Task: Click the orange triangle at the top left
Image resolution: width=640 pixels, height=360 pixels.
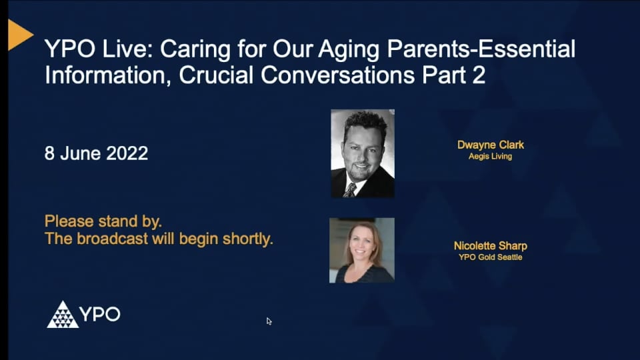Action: [x=19, y=35]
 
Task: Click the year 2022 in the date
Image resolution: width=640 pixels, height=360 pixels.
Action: [x=124, y=153]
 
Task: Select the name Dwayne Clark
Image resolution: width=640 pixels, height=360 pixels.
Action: [x=490, y=145]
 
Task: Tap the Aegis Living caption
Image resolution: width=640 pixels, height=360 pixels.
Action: [x=490, y=157]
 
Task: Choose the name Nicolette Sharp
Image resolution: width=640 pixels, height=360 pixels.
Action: [x=490, y=246]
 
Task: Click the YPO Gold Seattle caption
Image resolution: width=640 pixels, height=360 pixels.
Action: [x=490, y=257]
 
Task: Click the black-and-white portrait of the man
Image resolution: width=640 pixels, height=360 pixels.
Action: [x=363, y=153]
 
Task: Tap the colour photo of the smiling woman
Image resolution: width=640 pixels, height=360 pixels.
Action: [x=362, y=250]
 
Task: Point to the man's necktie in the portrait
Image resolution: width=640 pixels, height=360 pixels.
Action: [x=350, y=189]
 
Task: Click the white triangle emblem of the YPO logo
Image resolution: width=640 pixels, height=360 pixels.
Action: [x=63, y=315]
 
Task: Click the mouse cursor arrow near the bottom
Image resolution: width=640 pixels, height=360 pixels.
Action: [x=269, y=321]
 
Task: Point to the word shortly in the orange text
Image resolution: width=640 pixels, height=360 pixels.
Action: [x=248, y=239]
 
